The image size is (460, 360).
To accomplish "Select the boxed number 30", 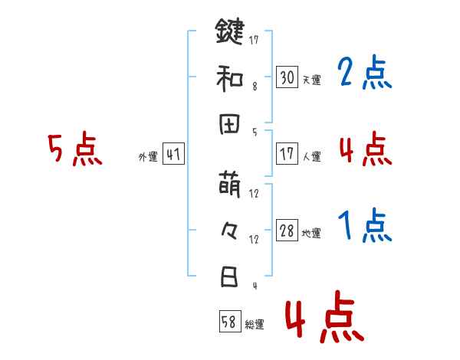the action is click(287, 77).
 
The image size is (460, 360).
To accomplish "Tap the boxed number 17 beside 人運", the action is click(287, 154).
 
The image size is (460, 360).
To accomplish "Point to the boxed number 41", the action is click(173, 155).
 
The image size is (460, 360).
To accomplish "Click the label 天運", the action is click(311, 80).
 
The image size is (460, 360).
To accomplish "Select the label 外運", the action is click(148, 157).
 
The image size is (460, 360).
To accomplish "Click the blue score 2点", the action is click(364, 74).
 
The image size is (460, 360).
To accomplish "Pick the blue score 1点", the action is click(364, 227).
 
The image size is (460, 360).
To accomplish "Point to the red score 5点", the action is click(75, 149).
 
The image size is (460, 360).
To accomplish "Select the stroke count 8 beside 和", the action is click(255, 87).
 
